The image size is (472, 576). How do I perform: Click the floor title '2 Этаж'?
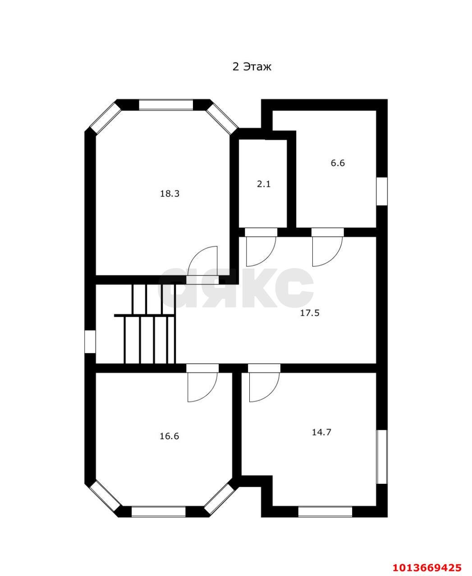pos(252,67)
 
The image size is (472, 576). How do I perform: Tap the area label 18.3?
pos(170,193)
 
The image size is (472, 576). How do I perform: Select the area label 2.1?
pos(263,184)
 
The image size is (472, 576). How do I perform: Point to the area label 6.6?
pos(338,163)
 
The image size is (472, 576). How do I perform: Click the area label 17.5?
pos(310,313)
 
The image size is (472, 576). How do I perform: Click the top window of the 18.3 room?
pos(166,105)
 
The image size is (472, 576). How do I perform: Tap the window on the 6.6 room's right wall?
pos(382,191)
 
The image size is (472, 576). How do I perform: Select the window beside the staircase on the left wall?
pos(90,342)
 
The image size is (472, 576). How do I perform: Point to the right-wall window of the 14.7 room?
pos(382,457)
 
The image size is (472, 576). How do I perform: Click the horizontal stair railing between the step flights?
pos(144,315)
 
